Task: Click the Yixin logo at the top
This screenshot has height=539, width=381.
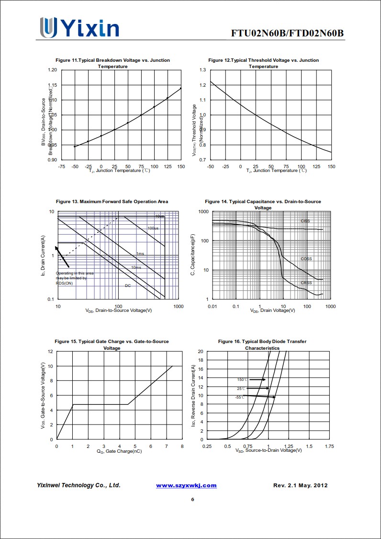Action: coord(79,28)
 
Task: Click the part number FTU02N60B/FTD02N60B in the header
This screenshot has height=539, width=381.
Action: coord(287,33)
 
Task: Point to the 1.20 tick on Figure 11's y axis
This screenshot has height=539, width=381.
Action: coord(52,70)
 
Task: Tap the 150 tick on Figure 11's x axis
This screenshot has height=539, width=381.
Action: coord(181,166)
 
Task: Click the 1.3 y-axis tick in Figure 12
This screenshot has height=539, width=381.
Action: coord(202,70)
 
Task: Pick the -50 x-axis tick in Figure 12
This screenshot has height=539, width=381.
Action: coord(211,166)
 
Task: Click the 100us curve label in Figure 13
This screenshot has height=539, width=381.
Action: coord(153,228)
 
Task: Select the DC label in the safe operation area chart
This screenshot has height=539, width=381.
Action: coord(128,286)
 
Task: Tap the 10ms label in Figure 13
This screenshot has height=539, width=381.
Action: coord(136,267)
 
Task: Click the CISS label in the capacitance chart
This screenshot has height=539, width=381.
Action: coord(305,221)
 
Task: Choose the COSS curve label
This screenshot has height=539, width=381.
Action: coord(306,259)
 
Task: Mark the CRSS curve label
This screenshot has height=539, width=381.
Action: coord(306,283)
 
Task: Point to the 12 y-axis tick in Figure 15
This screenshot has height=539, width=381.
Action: coord(50,351)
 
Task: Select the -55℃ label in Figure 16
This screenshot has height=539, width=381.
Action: coord(240,397)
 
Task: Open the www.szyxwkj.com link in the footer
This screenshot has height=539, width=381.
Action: coord(186,485)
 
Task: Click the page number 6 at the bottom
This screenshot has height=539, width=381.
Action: coord(192,499)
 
